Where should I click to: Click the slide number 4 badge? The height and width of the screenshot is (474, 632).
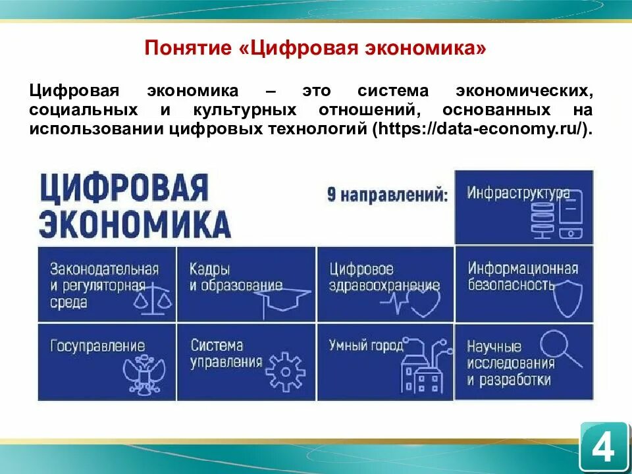tap(603, 448)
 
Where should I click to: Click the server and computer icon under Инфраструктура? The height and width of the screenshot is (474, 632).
tap(557, 215)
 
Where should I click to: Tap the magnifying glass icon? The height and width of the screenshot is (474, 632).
tap(558, 348)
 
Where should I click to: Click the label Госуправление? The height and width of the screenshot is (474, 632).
tap(97, 346)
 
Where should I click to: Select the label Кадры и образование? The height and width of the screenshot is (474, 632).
tap(235, 277)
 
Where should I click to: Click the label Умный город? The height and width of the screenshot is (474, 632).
tap(365, 345)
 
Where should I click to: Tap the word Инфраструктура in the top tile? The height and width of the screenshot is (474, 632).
tap(518, 193)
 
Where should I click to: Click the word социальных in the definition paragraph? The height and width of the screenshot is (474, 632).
tap(83, 109)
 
